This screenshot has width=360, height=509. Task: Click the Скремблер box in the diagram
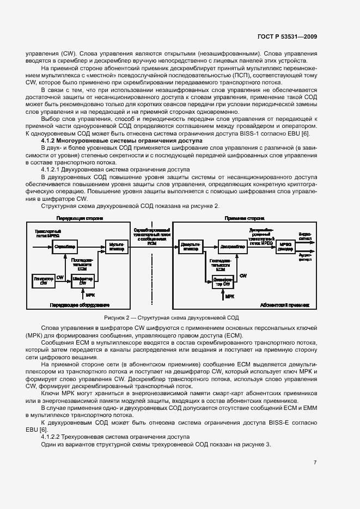tap(65, 247)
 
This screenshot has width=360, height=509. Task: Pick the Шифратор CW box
tap(83, 281)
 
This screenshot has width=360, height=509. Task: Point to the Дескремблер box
tap(231, 247)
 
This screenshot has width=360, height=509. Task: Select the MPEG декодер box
tap(286, 247)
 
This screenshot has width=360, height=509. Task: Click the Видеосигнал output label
tap(306, 236)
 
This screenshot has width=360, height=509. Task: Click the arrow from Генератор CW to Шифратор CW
tap(64, 281)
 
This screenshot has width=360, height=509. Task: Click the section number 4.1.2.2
tap(53, 437)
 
